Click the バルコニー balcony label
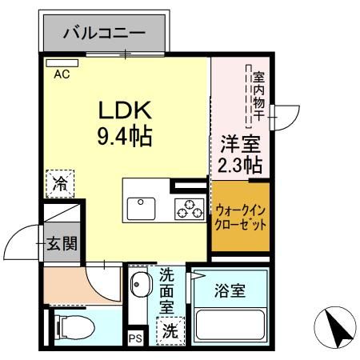104,33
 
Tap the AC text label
62,75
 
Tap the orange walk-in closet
241,218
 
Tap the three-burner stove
190,209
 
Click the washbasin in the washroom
140,286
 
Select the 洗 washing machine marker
170,329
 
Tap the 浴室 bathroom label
230,291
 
